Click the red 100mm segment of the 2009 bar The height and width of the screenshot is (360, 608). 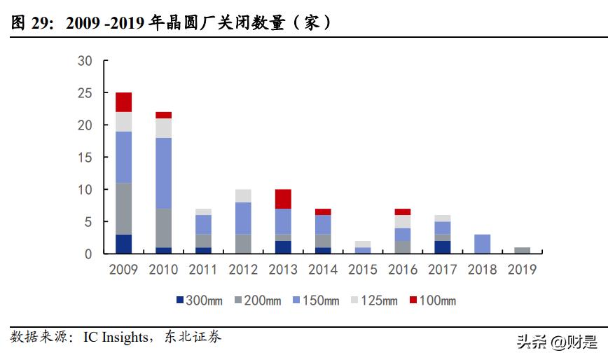point(124,102)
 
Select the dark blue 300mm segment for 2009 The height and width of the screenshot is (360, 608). point(124,244)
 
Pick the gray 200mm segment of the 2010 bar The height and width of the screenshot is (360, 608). point(163,228)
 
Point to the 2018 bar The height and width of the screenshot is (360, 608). point(482,244)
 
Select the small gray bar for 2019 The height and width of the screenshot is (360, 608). point(522,251)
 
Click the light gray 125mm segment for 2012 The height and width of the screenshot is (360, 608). point(243,195)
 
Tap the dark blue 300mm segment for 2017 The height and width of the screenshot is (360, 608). point(442,247)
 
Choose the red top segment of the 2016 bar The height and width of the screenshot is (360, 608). point(402,212)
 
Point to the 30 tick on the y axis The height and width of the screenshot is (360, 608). point(85,61)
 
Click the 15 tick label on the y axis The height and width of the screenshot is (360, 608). point(85,158)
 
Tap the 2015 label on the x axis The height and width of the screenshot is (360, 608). point(362,270)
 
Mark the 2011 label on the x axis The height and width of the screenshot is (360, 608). point(203,270)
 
